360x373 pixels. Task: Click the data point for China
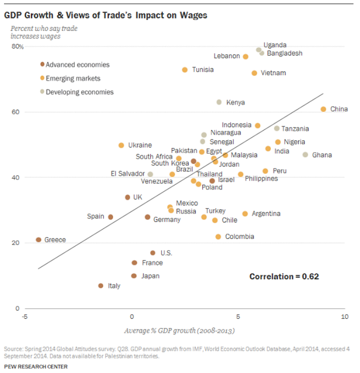click(x=323, y=109)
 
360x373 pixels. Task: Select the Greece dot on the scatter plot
click(x=38, y=240)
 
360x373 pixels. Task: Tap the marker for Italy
click(x=101, y=286)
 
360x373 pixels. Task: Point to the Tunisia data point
click(x=185, y=70)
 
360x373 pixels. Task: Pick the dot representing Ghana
click(x=305, y=154)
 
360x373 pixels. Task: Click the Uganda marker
click(x=259, y=50)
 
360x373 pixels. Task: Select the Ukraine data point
click(x=121, y=145)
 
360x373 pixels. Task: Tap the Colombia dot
click(x=218, y=237)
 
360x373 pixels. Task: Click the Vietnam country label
click(x=273, y=73)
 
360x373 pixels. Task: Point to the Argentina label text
click(x=266, y=214)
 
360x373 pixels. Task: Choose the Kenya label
click(x=235, y=103)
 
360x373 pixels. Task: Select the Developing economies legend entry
click(x=79, y=92)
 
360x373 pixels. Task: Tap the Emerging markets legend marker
click(x=42, y=78)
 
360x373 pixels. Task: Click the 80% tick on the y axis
click(x=17, y=47)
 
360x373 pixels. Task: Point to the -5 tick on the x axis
click(x=25, y=316)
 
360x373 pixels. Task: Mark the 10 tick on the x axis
click(x=344, y=316)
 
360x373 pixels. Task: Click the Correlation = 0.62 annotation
click(x=284, y=276)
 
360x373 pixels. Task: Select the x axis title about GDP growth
click(x=185, y=330)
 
